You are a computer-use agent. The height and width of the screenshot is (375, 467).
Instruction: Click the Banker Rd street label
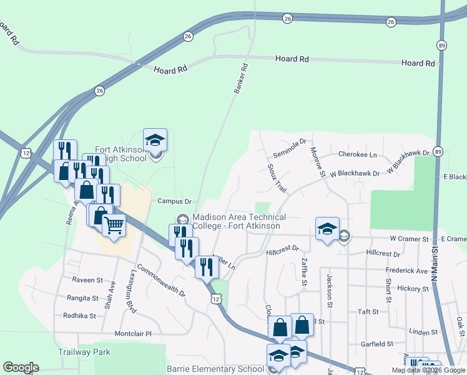pos(241,79)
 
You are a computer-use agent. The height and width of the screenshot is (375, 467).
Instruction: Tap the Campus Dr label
pos(174,201)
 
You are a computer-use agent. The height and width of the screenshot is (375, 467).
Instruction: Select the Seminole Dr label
pos(290,149)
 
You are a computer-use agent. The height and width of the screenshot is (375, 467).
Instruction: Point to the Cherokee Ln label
pos(358,154)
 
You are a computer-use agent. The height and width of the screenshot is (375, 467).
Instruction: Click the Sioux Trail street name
pos(276,179)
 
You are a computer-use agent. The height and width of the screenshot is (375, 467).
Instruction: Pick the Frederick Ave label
pos(406,271)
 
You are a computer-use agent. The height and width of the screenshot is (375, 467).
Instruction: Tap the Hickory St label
pos(413,289)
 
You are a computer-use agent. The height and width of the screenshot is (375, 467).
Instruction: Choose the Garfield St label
pos(377,344)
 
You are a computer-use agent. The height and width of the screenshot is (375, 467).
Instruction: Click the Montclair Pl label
pos(131,334)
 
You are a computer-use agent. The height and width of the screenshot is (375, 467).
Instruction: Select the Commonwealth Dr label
pos(162,281)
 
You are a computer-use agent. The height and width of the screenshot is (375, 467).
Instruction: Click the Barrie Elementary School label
pos(215,369)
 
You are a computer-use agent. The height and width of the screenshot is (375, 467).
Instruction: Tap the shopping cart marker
pos(114,224)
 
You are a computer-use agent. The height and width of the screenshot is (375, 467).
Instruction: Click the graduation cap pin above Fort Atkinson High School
pos(155,140)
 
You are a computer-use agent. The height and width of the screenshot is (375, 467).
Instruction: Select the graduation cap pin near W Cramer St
pos(327,228)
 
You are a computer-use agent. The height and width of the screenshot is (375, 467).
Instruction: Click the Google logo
pos(21,367)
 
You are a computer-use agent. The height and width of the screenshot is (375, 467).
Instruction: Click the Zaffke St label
pos(303,272)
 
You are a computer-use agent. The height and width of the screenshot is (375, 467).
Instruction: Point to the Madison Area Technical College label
pos(238,221)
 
